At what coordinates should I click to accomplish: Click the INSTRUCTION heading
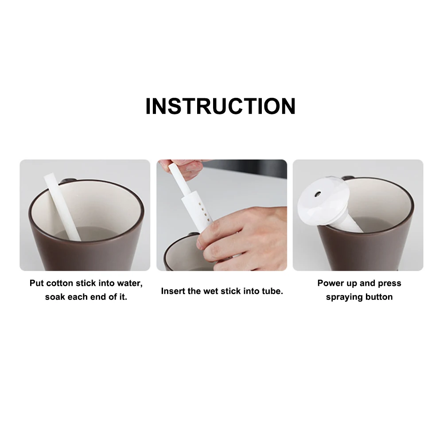pyautogui.click(x=220, y=106)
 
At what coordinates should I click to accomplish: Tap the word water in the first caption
pyautogui.click(x=128, y=283)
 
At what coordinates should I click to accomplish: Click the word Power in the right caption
pyautogui.click(x=330, y=283)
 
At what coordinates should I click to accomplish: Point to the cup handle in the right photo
pyautogui.click(x=348, y=178)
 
